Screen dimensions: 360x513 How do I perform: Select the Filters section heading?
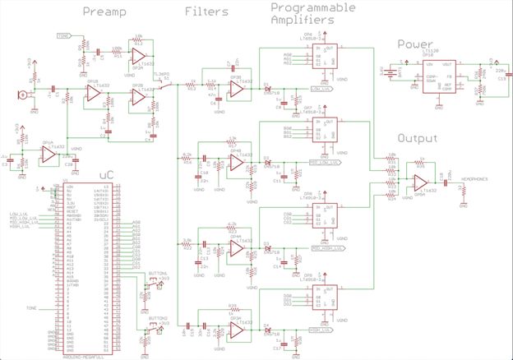(x=201, y=12)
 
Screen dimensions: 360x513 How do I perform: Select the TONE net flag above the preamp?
(x=63, y=36)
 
